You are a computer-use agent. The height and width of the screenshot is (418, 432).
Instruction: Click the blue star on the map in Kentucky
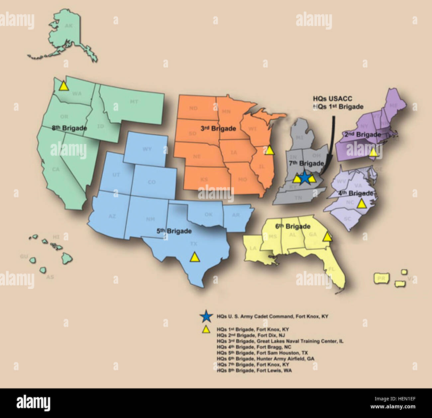point(304,178)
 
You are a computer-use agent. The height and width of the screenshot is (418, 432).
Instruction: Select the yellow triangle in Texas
point(195,257)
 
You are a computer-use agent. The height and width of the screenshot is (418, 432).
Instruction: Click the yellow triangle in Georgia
point(327,237)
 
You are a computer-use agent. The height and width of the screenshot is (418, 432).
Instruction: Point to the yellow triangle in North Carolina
point(361,204)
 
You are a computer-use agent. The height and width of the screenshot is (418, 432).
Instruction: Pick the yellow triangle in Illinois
point(270,151)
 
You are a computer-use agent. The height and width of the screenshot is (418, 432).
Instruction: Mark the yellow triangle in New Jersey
point(373,152)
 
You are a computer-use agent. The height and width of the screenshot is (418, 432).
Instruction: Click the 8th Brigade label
point(69,128)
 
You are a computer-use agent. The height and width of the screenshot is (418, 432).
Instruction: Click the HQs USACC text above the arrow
point(332,99)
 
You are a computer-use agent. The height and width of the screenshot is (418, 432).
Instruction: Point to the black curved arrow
point(331,143)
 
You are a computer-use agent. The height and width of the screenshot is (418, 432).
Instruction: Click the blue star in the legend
point(206,317)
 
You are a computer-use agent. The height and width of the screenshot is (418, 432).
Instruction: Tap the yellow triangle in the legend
point(206,329)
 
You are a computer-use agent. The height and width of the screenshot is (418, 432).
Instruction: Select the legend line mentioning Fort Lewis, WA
point(254,370)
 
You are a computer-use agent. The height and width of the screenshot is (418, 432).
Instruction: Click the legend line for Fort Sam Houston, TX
point(262,353)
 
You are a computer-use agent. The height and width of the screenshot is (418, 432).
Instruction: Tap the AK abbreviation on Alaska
point(68,26)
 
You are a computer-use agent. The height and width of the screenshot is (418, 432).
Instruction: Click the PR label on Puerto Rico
point(382,278)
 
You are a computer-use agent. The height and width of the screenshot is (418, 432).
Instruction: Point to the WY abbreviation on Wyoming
point(147,149)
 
